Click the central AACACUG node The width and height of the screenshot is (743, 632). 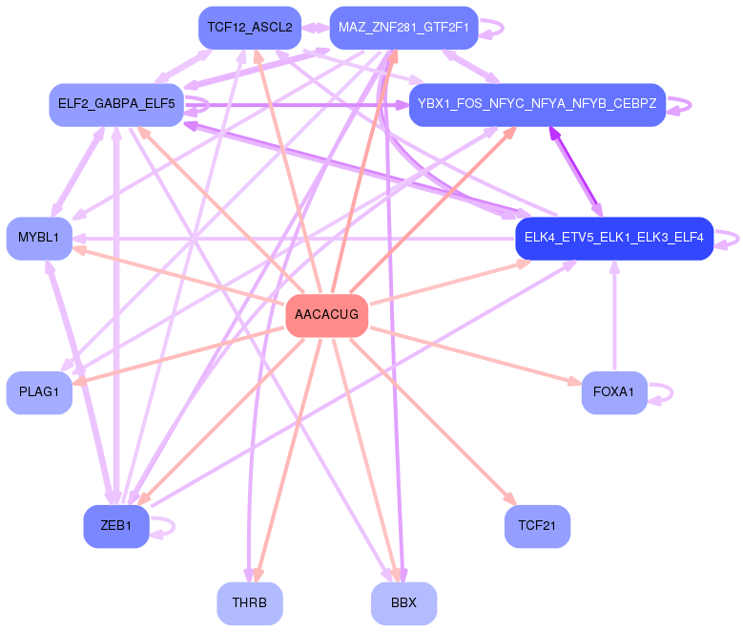(326, 315)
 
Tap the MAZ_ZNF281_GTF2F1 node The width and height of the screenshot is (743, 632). (403, 28)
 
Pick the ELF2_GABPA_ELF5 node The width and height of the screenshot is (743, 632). (116, 104)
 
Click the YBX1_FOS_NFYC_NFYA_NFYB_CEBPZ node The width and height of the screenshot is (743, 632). (537, 104)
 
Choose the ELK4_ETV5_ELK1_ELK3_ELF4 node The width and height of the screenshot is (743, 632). (613, 238)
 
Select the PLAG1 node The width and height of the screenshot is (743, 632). (39, 392)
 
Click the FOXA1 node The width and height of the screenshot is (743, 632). (613, 392)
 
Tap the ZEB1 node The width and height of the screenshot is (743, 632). (116, 526)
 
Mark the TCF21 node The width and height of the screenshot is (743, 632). (537, 526)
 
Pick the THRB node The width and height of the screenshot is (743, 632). (250, 603)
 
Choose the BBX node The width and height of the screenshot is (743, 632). (403, 603)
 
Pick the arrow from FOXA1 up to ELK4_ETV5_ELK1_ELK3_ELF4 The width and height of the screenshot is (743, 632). (614, 315)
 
